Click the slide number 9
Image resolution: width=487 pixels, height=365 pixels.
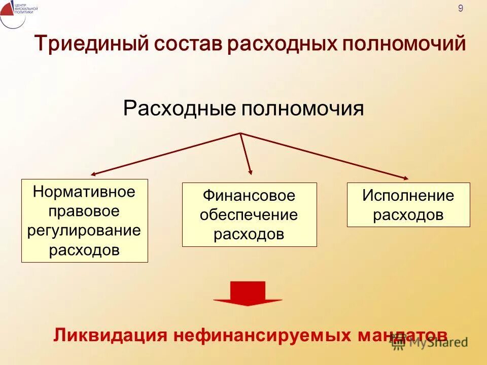461,8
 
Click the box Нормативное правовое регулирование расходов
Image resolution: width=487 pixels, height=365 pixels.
85,221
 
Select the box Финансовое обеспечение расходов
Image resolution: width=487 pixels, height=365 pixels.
249,214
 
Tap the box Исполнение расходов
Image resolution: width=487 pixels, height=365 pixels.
408,204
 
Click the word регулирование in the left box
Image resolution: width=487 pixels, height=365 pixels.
84,231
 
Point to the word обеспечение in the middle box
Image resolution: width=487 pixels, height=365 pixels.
249,215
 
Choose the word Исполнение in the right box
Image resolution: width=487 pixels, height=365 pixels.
408,196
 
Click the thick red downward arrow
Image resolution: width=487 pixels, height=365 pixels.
248,294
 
